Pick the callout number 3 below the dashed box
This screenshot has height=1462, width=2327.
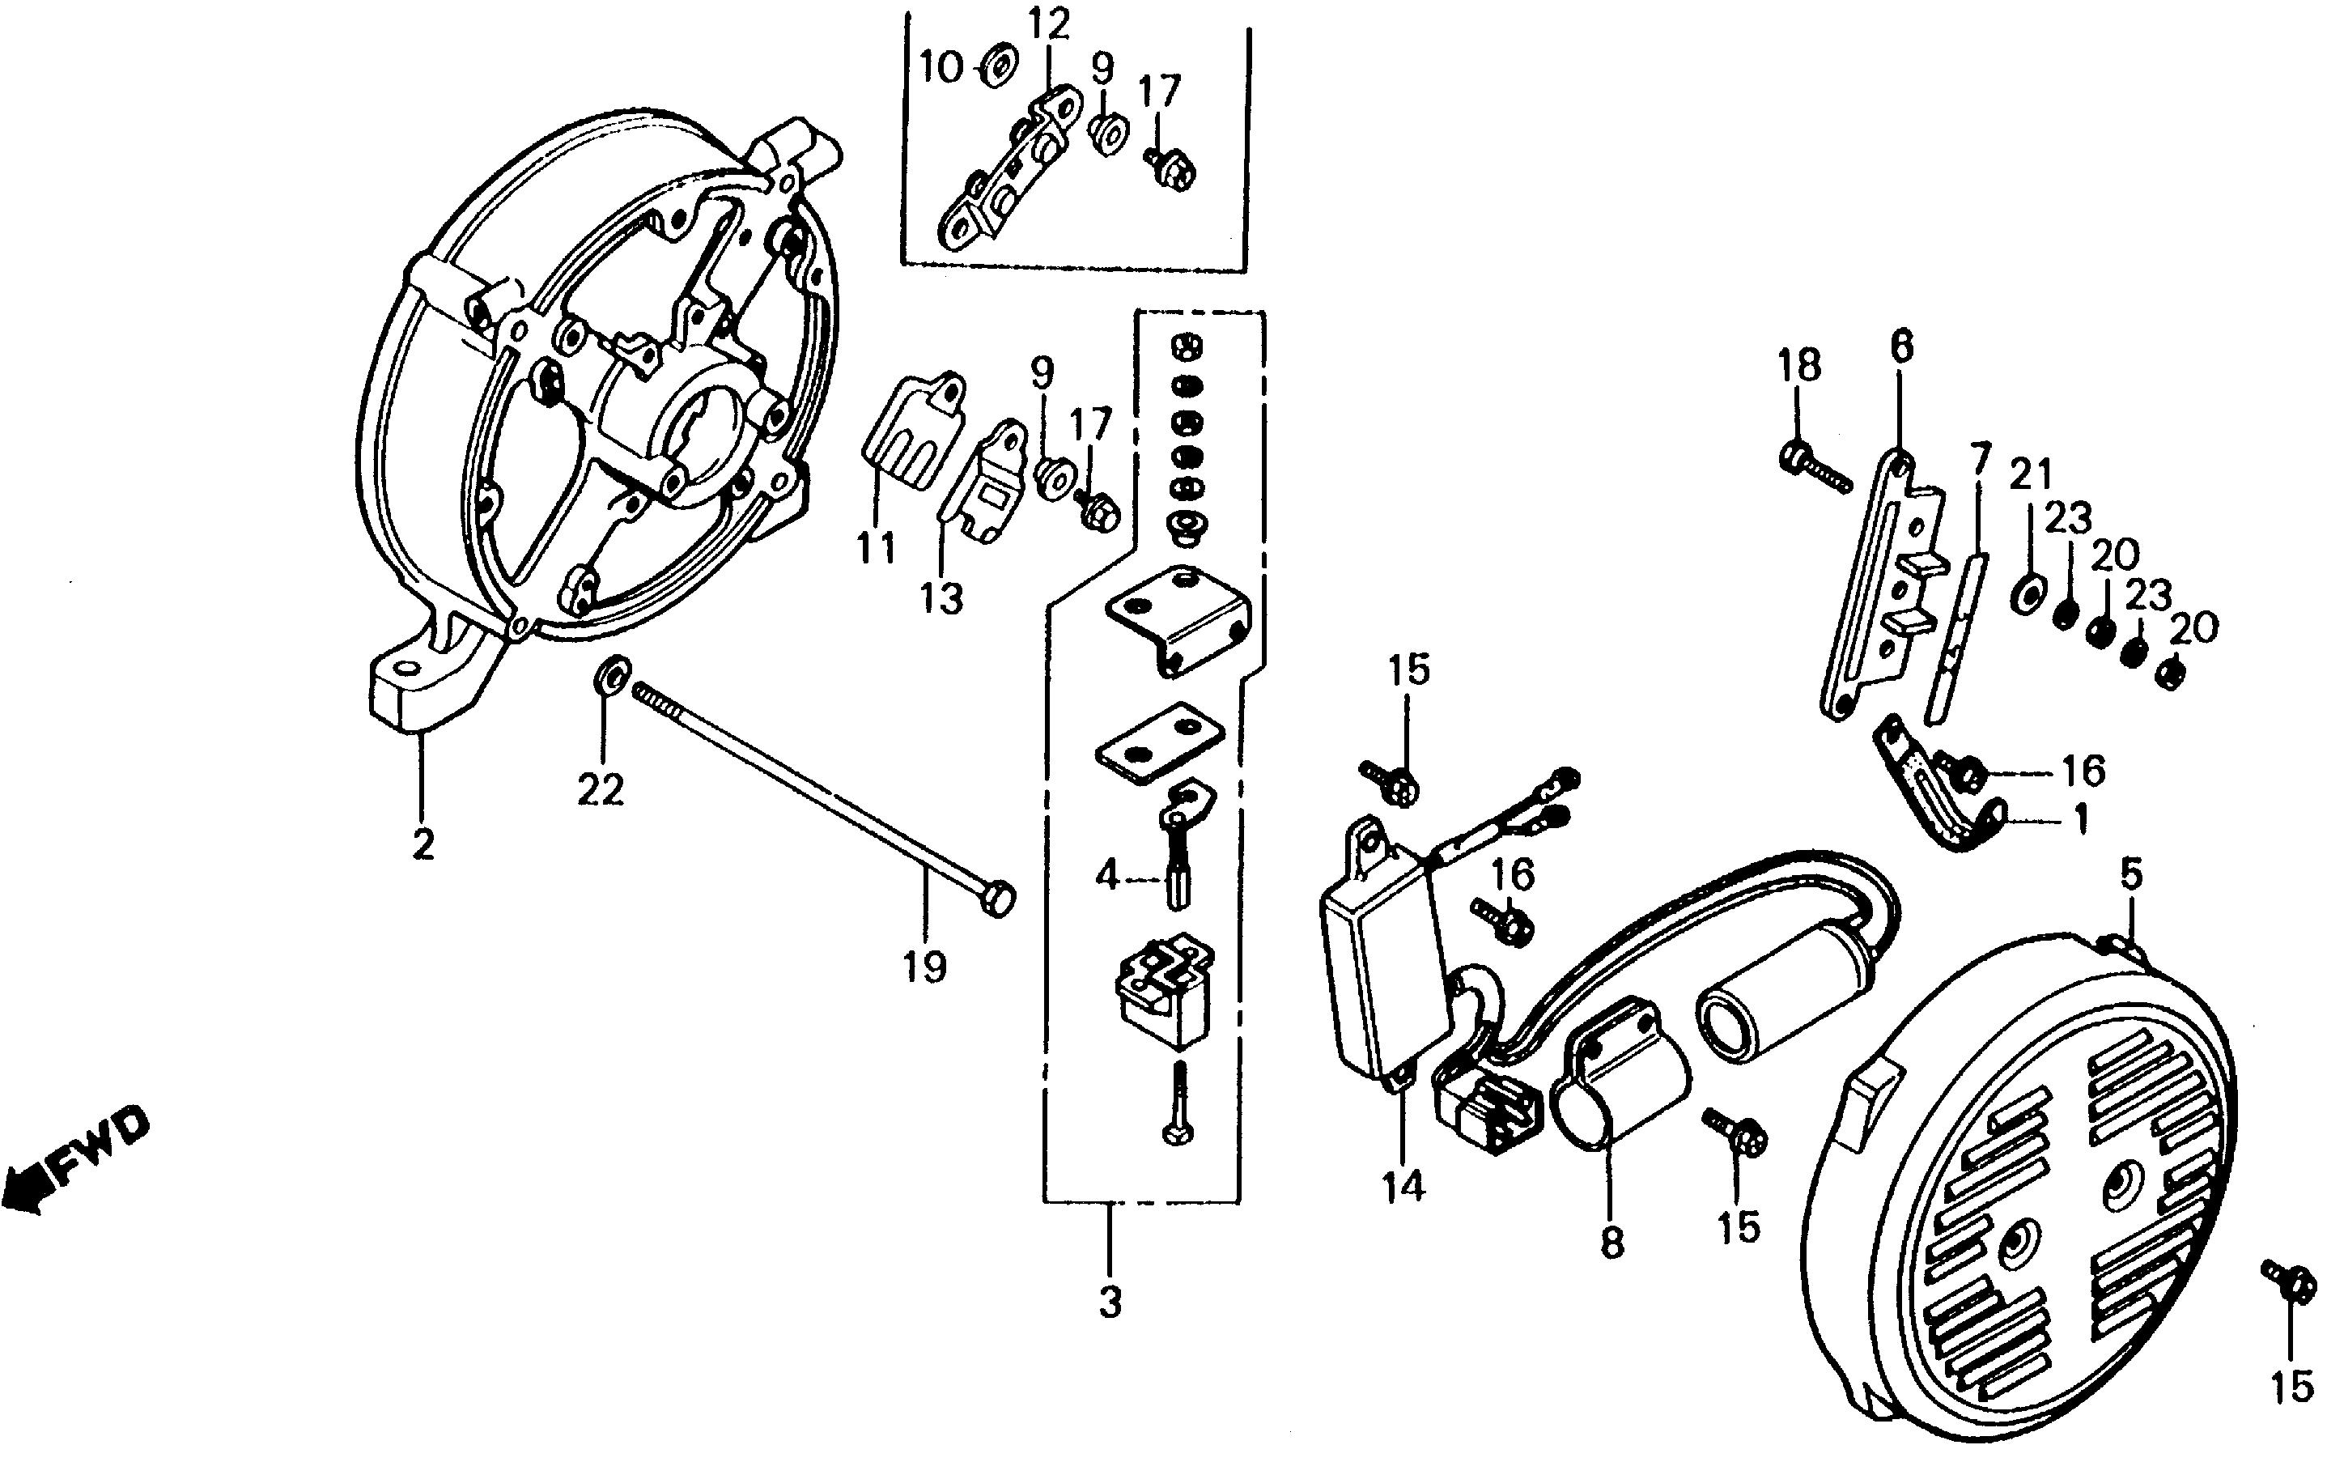point(1110,1303)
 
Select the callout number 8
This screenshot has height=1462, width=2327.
point(1611,1243)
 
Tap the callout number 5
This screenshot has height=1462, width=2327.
point(2132,874)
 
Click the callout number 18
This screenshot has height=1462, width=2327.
point(1799,366)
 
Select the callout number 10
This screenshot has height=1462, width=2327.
point(941,69)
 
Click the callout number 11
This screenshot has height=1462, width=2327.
point(876,549)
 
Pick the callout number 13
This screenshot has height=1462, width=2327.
point(942,599)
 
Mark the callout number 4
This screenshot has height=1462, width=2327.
point(1106,877)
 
